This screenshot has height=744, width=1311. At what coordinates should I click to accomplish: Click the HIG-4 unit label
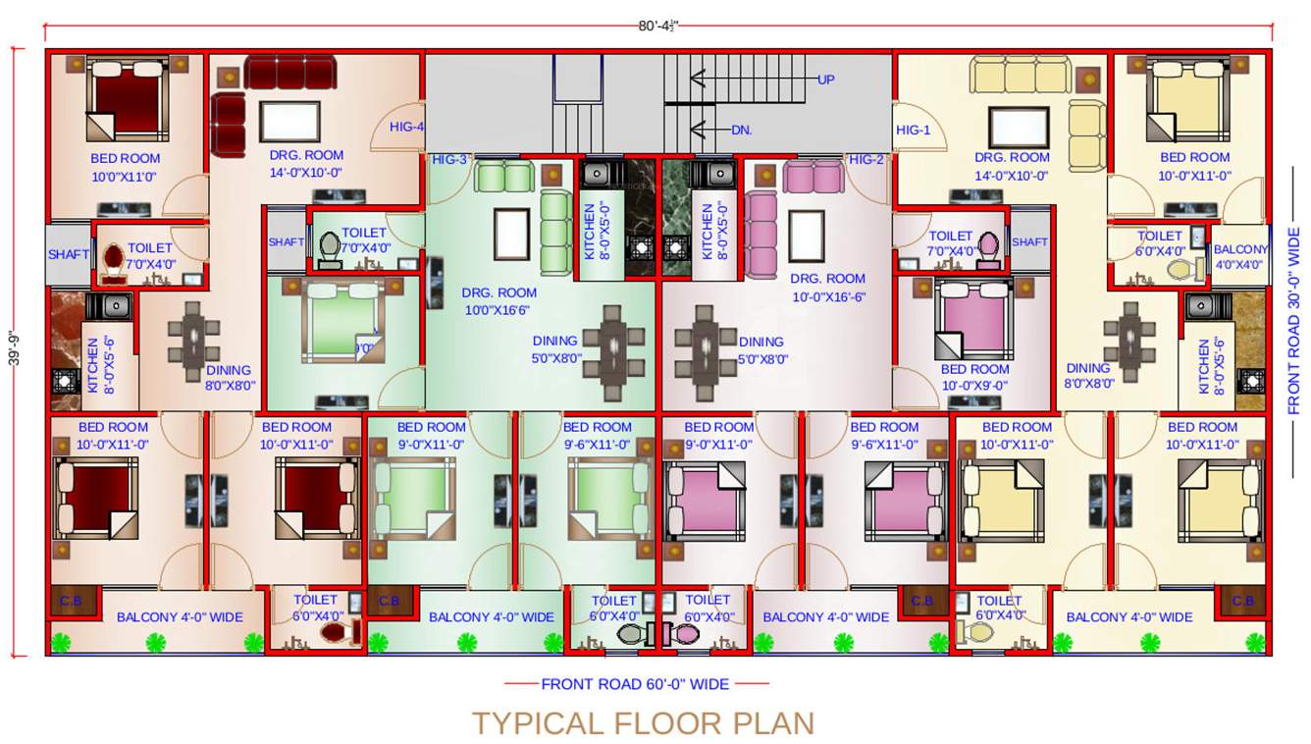click(406, 127)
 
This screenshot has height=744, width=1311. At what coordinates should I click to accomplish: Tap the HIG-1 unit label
click(913, 131)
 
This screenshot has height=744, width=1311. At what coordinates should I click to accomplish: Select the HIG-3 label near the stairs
click(450, 160)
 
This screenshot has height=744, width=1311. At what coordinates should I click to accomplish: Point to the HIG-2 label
click(866, 160)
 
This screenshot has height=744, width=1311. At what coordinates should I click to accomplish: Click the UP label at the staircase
click(826, 79)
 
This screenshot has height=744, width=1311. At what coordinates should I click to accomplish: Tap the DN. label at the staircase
click(741, 130)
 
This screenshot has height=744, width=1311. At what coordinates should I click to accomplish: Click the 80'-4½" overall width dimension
click(658, 27)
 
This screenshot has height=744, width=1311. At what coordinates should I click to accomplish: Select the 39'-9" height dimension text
click(13, 351)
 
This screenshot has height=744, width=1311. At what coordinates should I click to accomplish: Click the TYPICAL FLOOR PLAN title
click(644, 723)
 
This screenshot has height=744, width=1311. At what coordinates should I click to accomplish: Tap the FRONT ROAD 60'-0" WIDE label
click(635, 684)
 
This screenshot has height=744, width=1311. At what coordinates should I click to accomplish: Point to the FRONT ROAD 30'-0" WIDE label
click(1293, 321)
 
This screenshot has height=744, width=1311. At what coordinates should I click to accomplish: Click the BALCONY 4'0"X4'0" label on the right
click(1240, 257)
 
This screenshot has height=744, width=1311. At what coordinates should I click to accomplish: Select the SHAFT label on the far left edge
click(69, 254)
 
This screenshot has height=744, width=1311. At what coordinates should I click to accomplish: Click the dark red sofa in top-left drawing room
click(289, 73)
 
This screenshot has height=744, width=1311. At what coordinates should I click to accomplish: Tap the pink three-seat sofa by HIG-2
click(813, 178)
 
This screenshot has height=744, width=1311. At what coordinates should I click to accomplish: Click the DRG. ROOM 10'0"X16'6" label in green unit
click(499, 301)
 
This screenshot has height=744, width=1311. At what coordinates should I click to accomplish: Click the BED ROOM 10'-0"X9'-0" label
click(974, 378)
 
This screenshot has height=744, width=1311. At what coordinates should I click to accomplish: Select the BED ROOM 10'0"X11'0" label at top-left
click(125, 167)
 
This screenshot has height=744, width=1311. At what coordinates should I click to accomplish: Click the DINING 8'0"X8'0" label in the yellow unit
click(1088, 377)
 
